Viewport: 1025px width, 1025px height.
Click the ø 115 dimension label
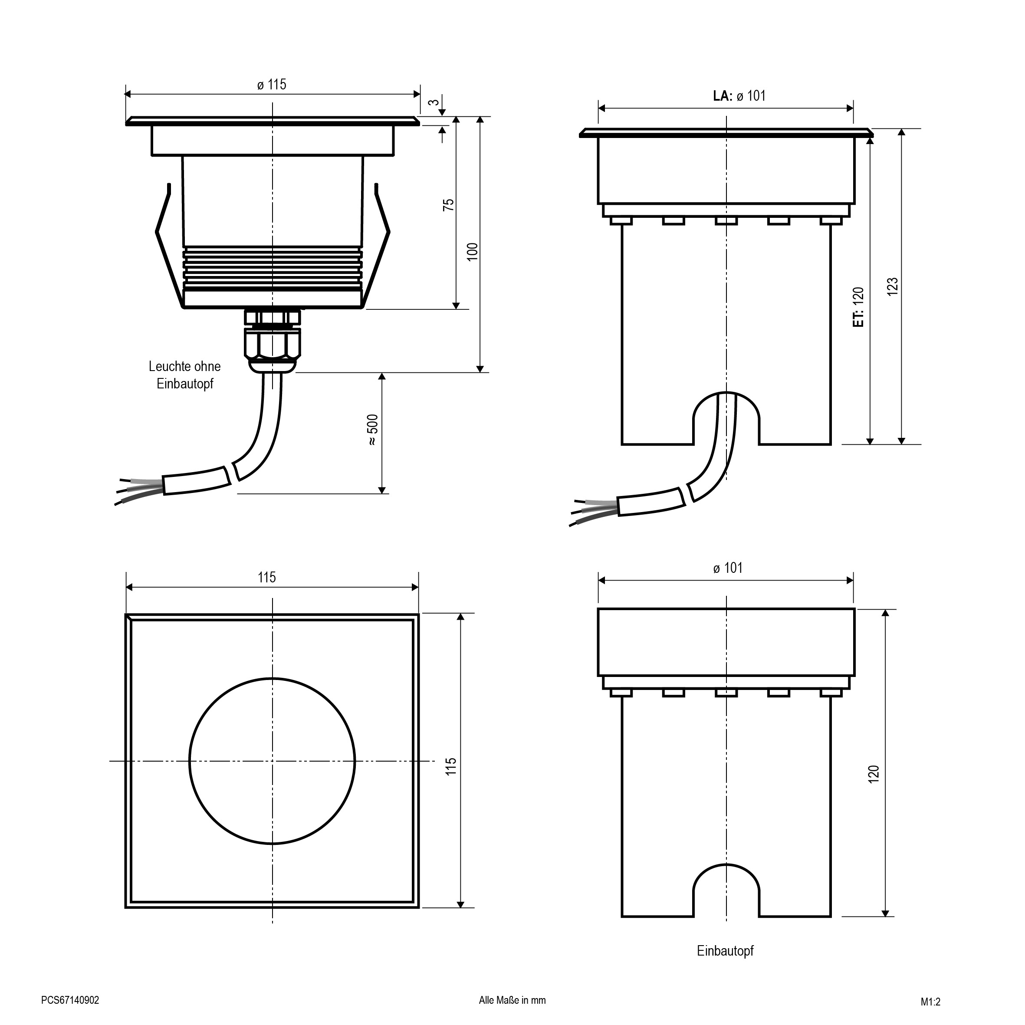(x=272, y=84)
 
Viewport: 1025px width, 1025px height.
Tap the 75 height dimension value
(x=449, y=205)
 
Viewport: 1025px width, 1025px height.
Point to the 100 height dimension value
(x=472, y=251)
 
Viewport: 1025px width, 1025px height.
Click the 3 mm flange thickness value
(x=434, y=102)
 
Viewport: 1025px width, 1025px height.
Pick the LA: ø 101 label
(x=739, y=95)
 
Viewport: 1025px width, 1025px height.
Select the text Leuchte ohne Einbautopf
(x=184, y=375)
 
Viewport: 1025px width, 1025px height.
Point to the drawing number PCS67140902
(x=70, y=1000)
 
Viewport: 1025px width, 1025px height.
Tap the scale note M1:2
(x=930, y=1002)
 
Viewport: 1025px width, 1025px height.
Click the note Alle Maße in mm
(x=512, y=1000)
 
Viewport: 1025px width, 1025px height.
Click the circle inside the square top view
(x=272, y=761)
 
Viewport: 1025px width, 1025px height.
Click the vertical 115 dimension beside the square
(x=450, y=766)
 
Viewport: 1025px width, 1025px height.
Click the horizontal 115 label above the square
(x=267, y=577)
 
